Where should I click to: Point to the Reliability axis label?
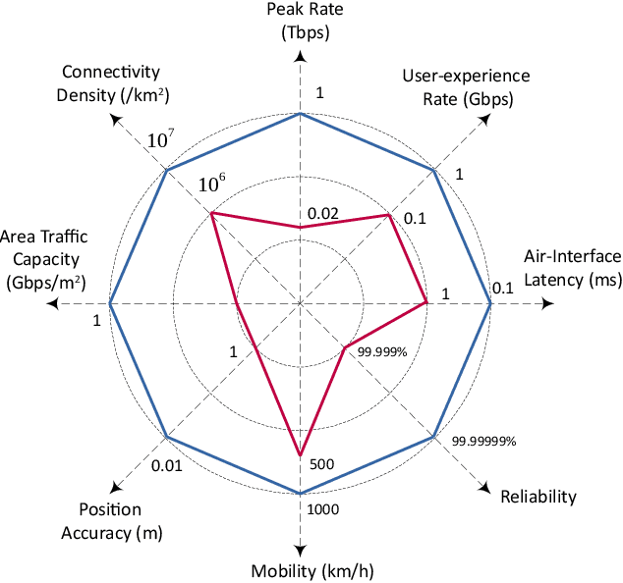point(538,497)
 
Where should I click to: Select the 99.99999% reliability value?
point(483,442)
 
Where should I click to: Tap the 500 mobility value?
point(322,464)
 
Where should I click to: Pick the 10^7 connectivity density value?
point(161,140)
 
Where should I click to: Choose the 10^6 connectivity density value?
point(212,184)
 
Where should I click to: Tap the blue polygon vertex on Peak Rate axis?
point(300,114)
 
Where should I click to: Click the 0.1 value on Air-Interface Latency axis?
point(502,288)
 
